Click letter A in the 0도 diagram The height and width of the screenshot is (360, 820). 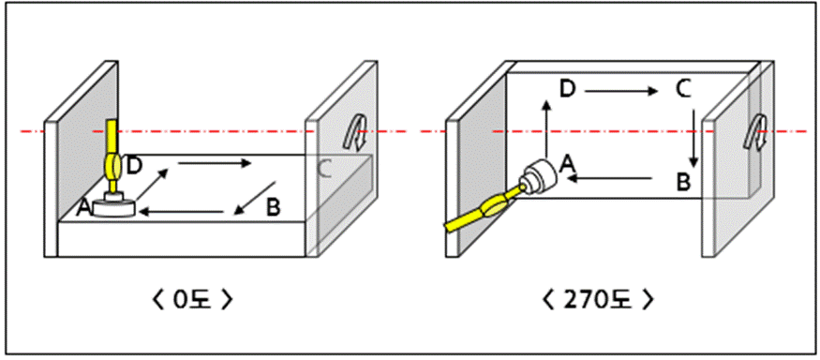point(83,208)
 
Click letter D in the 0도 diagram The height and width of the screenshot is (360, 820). point(134,165)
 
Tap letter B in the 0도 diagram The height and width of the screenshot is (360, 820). point(273,208)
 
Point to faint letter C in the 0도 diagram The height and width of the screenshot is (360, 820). point(324,169)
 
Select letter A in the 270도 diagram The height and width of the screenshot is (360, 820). point(567,165)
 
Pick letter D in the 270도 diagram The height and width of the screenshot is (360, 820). point(567,89)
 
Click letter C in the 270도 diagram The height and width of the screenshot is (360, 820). point(683,89)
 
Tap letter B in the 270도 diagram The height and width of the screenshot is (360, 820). point(683,183)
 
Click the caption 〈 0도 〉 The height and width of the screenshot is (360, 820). point(191,300)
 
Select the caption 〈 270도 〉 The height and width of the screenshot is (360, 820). point(598,300)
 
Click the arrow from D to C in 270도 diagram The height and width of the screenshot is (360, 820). point(621,92)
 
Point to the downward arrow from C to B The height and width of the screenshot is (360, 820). point(693,138)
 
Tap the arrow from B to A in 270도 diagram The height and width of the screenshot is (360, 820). point(610,179)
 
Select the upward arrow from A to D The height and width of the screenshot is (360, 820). point(546,128)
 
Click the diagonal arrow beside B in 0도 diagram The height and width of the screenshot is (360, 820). point(255,199)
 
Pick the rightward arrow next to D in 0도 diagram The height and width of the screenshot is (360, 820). point(215,164)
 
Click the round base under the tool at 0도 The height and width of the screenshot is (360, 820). point(114,208)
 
